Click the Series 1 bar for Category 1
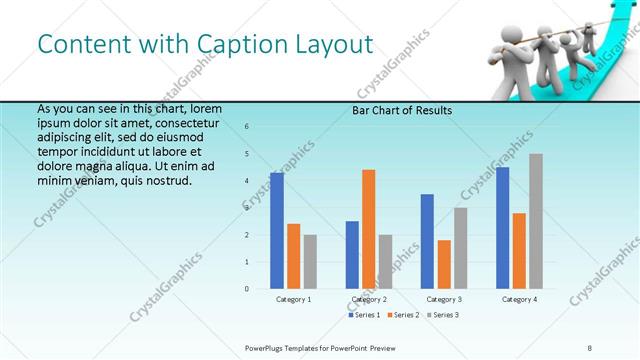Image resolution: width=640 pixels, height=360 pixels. point(277,231)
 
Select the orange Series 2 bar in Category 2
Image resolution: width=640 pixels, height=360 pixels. point(368,229)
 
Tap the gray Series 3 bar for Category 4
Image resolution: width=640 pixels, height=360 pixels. point(536,221)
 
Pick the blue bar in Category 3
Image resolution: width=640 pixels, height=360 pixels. point(427,241)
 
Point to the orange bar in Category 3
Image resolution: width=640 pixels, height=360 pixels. point(444,264)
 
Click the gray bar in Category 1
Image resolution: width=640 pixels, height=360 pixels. point(310,261)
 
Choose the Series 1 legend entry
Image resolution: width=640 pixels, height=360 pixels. point(363,315)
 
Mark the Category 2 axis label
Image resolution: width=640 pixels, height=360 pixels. point(369,299)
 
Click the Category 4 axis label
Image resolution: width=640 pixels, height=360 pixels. point(519,299)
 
